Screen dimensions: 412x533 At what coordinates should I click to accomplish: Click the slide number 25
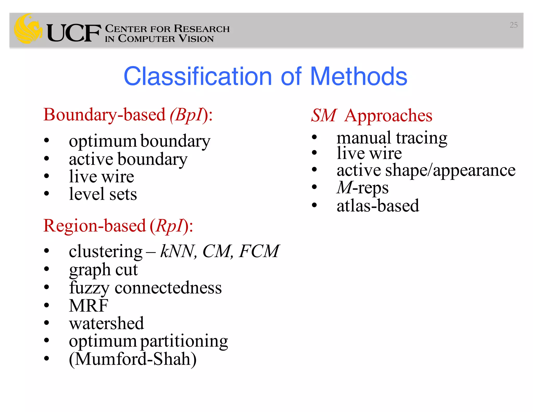point(513,25)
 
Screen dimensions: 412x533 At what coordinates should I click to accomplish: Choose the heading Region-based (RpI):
point(118,226)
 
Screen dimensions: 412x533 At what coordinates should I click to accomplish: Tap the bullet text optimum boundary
point(139,141)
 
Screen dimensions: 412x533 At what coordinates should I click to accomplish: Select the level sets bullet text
point(103,194)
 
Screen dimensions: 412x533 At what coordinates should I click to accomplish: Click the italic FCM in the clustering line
point(259,251)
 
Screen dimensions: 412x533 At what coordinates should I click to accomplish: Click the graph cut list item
point(103,270)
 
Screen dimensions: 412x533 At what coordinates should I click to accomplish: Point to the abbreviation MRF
point(88,305)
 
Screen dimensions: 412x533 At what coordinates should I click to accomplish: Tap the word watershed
point(106,323)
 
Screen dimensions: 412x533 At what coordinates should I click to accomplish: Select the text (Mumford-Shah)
point(132,359)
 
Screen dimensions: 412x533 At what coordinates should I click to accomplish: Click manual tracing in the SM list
point(392,138)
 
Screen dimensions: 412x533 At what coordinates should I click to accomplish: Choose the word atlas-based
point(378,206)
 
